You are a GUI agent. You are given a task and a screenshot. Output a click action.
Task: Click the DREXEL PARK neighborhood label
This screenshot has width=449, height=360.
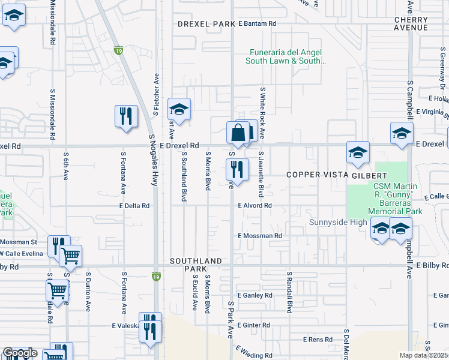[x=206, y=24]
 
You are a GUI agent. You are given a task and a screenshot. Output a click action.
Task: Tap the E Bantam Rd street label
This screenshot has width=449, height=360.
[x=257, y=24]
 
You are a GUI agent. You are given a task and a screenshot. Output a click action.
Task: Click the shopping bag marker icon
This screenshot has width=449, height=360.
[x=238, y=133]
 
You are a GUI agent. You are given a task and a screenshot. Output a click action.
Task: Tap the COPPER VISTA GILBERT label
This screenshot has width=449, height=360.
[x=328, y=175]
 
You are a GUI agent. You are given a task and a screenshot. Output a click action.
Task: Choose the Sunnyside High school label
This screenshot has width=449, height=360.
[x=338, y=223]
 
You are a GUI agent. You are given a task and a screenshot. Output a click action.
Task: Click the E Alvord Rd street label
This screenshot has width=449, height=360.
[x=255, y=206]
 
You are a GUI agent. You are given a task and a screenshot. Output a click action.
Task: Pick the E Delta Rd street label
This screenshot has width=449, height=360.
[x=134, y=206]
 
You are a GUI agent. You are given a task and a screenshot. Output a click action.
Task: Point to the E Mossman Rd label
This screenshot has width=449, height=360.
[x=260, y=236]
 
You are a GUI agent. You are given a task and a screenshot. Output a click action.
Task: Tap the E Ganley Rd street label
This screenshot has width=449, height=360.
[x=255, y=296]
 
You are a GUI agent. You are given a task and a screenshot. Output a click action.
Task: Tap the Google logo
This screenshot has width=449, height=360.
[x=19, y=353]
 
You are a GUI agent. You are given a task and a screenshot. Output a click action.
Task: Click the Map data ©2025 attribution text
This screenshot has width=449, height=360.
[x=424, y=355]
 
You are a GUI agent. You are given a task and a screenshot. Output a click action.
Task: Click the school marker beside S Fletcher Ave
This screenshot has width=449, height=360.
[x=179, y=110]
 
